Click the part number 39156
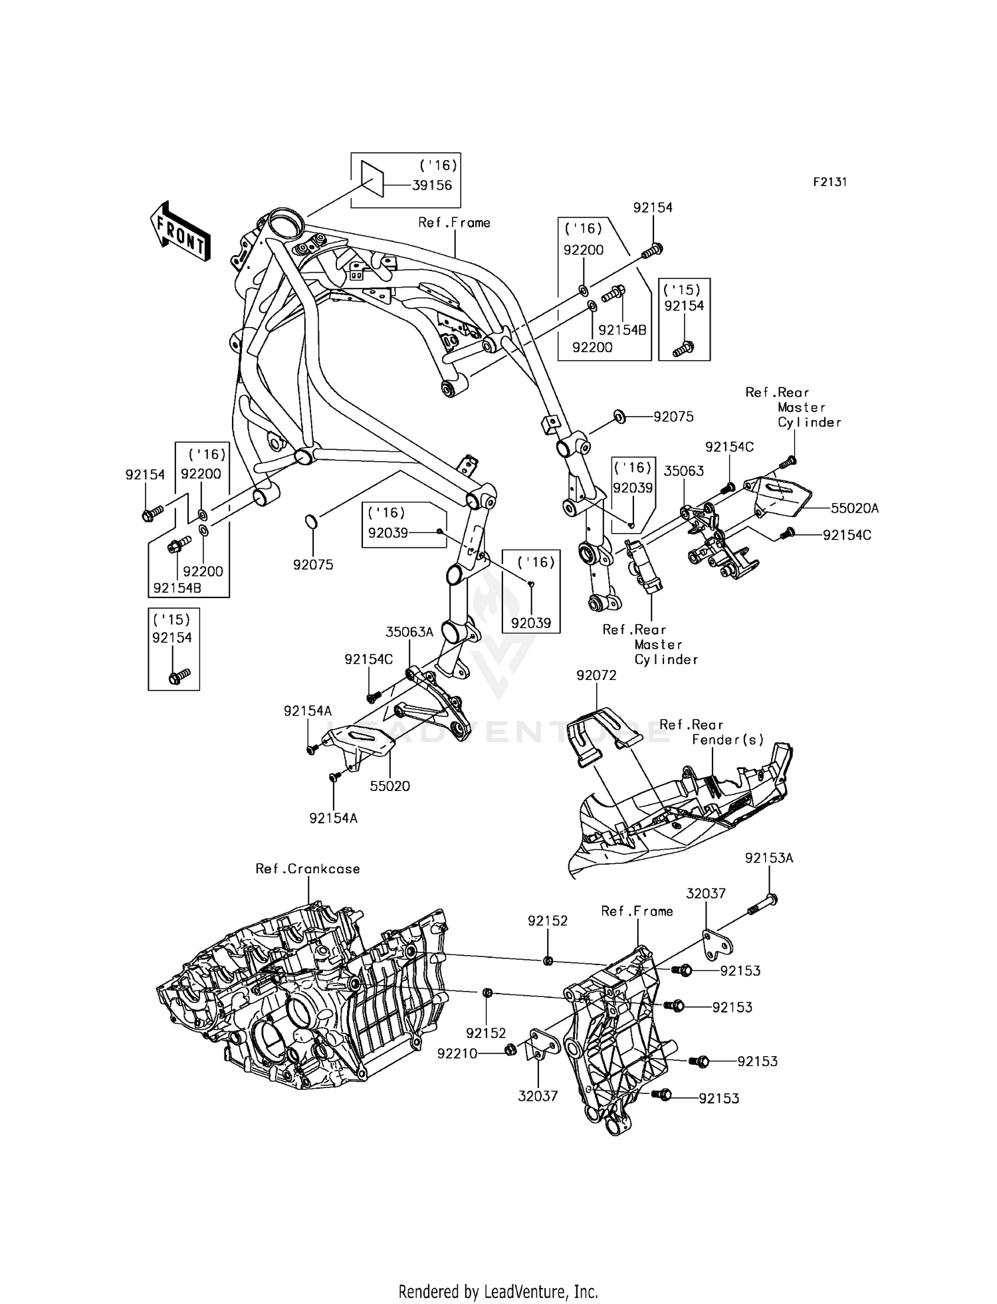[431, 185]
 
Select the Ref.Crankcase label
[308, 869]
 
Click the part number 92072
[596, 675]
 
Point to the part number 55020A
[855, 508]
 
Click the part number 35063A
[409, 631]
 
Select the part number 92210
[457, 1053]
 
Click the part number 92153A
[769, 858]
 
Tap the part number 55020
[389, 786]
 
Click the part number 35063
[684, 471]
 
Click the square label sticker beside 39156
[372, 179]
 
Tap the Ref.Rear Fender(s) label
[711, 732]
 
